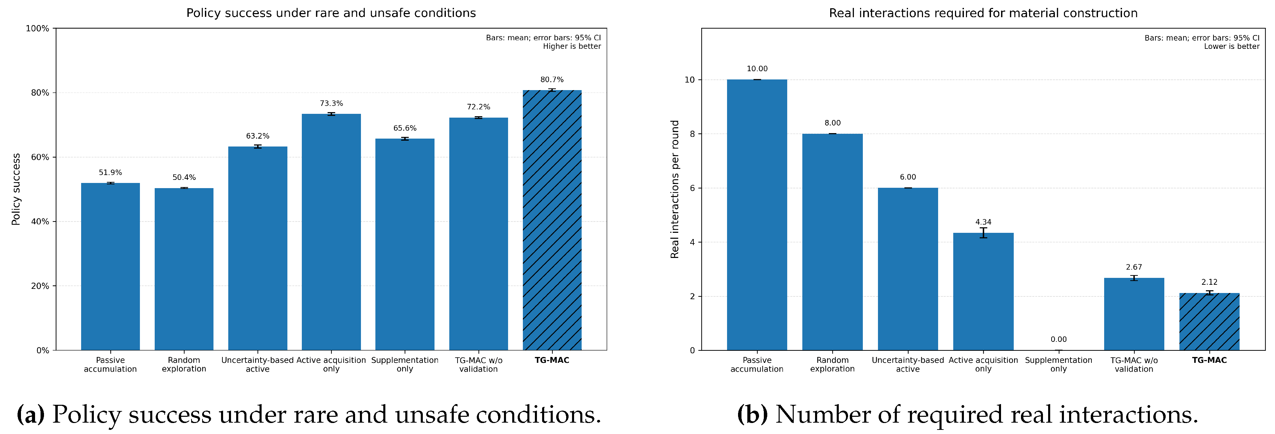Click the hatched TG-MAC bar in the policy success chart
(552, 220)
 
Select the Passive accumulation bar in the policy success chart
(110, 267)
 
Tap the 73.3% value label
(331, 104)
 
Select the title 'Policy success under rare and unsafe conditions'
(331, 13)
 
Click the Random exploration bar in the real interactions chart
(833, 242)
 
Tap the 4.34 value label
(983, 222)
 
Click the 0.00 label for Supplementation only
(1059, 339)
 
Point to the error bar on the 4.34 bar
(983, 233)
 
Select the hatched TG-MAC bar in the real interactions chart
(1209, 322)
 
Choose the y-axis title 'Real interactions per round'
(674, 189)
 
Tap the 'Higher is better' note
(572, 46)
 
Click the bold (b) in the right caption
(752, 414)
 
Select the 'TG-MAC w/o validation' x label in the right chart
(1134, 365)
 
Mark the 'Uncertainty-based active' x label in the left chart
(257, 365)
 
